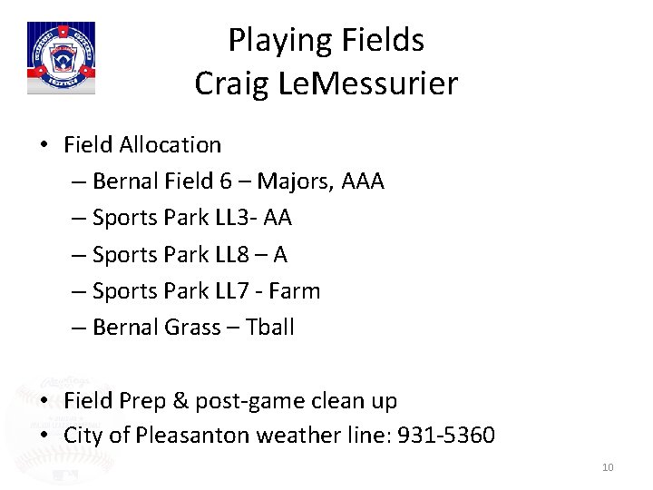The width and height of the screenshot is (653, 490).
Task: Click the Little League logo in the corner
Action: click(61, 57)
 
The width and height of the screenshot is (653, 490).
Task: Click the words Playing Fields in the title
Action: click(326, 40)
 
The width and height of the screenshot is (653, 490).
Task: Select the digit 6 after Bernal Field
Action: click(226, 181)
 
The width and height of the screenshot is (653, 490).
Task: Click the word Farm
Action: click(294, 291)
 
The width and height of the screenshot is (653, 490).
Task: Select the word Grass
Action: click(193, 328)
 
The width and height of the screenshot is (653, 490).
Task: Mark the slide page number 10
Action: click(608, 467)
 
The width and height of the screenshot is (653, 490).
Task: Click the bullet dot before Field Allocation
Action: click(44, 145)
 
